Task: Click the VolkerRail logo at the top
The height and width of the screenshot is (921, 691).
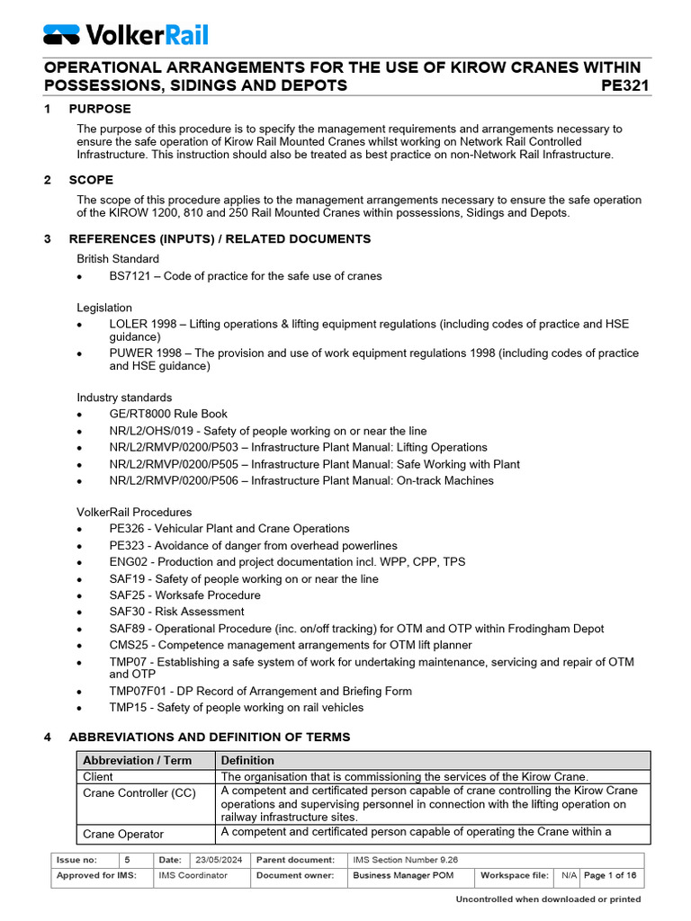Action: tap(126, 34)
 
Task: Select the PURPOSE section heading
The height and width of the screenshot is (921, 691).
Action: tap(100, 109)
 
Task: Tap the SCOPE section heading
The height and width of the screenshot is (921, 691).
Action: tap(94, 180)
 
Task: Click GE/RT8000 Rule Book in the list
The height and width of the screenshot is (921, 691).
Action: tap(168, 414)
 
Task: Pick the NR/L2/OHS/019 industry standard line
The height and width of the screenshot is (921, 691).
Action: tap(268, 431)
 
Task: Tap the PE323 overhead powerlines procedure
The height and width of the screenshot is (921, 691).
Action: tap(253, 545)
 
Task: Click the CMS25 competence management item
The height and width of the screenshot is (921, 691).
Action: tap(290, 645)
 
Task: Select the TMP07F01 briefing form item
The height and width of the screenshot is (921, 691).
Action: tap(260, 691)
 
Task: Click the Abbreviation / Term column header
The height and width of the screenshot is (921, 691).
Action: tap(138, 760)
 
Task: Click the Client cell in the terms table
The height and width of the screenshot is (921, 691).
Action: tap(99, 776)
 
